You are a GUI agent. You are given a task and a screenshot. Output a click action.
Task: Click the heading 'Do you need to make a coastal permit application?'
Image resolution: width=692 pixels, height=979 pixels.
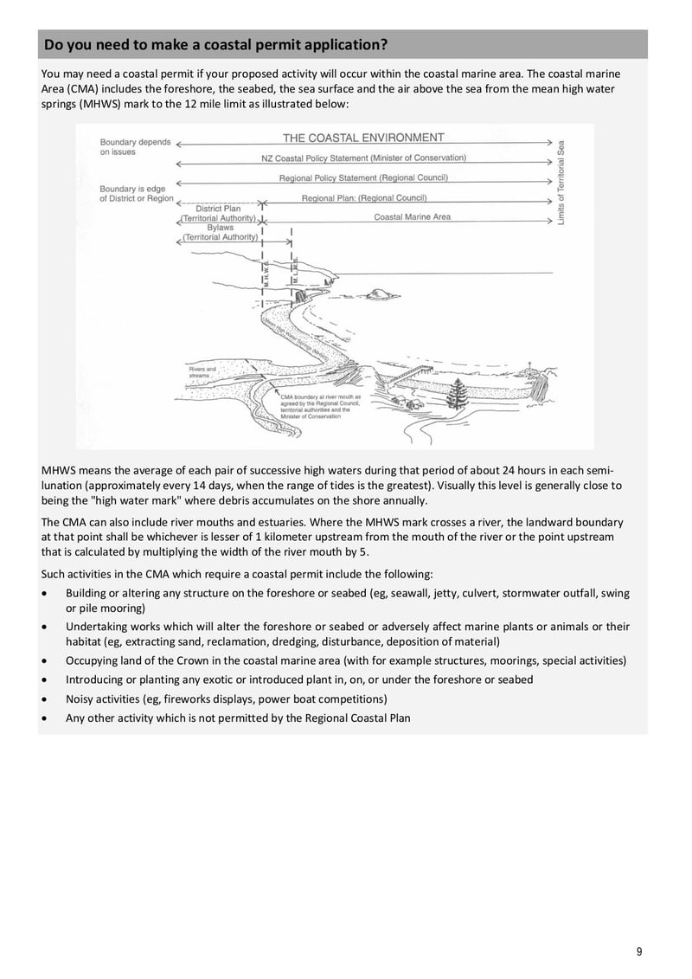[215, 44]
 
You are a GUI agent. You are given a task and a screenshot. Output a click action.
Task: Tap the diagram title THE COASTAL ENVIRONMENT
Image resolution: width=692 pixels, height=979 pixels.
[363, 138]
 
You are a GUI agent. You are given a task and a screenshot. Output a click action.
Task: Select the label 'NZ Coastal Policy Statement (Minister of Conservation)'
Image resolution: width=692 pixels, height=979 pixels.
[363, 158]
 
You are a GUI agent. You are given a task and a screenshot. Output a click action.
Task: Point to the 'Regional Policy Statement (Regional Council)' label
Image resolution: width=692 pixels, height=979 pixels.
[363, 178]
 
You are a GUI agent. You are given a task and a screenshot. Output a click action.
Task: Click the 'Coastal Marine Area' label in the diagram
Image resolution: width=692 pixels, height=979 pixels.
[412, 217]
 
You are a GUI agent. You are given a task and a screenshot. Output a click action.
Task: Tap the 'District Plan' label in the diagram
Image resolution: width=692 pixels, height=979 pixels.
[218, 209]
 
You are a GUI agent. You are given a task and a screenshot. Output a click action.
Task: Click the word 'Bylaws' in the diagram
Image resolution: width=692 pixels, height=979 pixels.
[221, 228]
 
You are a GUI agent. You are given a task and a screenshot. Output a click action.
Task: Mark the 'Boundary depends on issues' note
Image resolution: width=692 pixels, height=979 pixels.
[135, 147]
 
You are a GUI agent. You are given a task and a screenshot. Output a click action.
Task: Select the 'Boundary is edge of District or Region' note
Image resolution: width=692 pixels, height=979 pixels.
[137, 194]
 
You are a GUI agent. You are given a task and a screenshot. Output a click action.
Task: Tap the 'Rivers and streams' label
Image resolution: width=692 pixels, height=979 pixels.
[202, 373]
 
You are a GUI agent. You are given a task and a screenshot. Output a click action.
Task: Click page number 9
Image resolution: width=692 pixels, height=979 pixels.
[639, 952]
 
